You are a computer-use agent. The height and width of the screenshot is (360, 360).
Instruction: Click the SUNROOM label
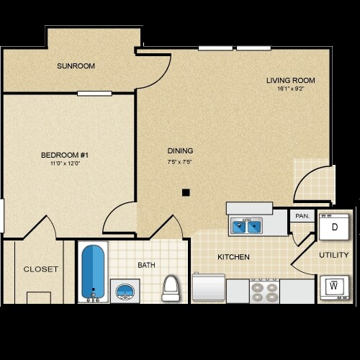click(x=76, y=66)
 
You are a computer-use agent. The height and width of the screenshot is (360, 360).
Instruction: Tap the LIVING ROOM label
click(x=290, y=80)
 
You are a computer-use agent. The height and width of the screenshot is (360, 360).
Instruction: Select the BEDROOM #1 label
click(x=64, y=155)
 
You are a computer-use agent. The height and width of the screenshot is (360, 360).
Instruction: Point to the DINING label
click(x=180, y=150)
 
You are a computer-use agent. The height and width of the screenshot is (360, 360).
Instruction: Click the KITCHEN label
click(x=234, y=257)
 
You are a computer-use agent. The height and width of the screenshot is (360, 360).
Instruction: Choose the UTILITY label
click(x=334, y=255)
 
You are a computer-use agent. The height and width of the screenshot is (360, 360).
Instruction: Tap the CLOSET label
click(x=40, y=269)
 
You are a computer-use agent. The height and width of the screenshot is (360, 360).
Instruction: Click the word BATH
click(x=147, y=266)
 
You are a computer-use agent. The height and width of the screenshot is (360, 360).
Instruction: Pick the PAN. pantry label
click(x=301, y=216)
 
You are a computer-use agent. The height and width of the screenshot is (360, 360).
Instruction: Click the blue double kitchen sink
click(x=247, y=227)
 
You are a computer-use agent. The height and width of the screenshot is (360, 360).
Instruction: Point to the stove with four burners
click(x=264, y=291)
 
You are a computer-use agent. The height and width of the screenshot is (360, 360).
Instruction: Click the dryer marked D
click(x=335, y=227)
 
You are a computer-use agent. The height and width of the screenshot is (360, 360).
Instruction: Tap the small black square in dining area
click(x=186, y=192)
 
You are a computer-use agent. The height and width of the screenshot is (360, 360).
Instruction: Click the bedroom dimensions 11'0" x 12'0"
click(x=64, y=163)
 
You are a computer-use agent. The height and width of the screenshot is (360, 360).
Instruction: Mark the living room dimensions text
click(x=290, y=89)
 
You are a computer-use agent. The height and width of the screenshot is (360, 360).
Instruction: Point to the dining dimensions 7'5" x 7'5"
click(x=180, y=161)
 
